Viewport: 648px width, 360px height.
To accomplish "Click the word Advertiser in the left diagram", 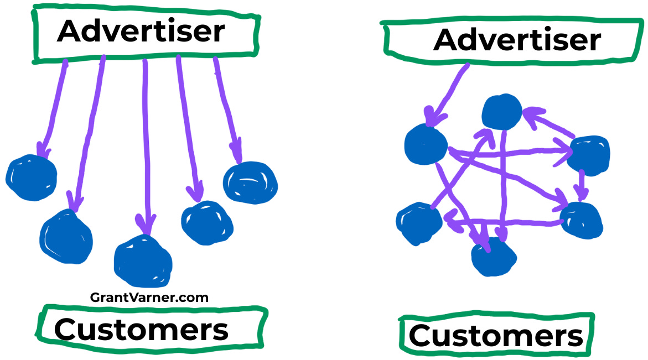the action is (x=141, y=31).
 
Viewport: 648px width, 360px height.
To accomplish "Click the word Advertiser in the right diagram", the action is (x=517, y=40).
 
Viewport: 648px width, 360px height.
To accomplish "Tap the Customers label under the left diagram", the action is (x=141, y=330).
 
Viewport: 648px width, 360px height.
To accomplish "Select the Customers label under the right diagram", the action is (x=496, y=335).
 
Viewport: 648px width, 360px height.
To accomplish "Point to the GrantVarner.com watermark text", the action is (x=149, y=298).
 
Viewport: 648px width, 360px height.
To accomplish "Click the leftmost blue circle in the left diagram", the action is (x=32, y=178).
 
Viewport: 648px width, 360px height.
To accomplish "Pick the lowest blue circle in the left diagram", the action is (x=143, y=261).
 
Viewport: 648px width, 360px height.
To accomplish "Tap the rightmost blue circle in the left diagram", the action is (x=251, y=182).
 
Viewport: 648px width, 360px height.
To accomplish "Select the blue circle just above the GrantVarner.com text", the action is (x=143, y=261).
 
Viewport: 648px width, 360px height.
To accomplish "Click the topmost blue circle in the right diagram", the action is (x=502, y=112).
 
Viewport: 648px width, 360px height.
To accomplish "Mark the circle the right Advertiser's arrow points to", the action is (x=426, y=144).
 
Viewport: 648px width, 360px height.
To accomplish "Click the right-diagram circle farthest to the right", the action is (x=588, y=155).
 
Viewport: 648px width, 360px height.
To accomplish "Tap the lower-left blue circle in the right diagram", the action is (x=419, y=224).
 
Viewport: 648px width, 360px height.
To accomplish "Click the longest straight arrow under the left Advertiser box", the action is (x=146, y=147).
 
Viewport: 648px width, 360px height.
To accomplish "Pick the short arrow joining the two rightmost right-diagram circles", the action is (x=582, y=186).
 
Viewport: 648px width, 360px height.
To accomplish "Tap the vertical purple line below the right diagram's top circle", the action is (x=503, y=186).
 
